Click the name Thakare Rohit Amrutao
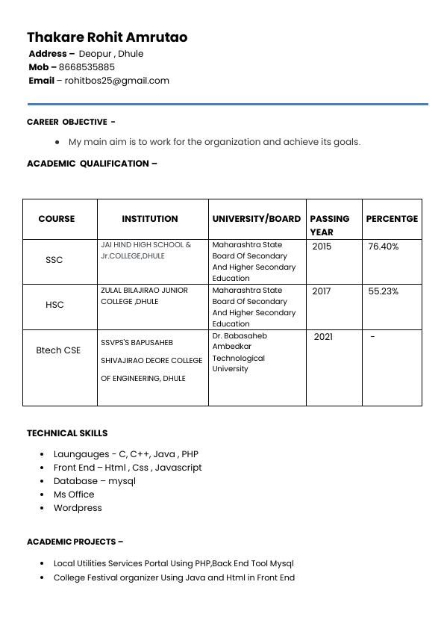107,37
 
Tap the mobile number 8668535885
87,67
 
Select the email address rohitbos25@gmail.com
117,81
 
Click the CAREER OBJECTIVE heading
71,122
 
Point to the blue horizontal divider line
228,104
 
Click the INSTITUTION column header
150,219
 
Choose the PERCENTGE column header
392,219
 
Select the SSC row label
54,260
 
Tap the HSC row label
54,305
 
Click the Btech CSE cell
58,350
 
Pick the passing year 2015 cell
322,247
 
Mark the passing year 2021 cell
323,337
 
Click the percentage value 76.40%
384,247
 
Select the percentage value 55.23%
384,291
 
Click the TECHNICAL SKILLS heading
67,433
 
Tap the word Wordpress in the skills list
78,508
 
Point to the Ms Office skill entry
74,495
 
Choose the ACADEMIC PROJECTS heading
75,542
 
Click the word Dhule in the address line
131,54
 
